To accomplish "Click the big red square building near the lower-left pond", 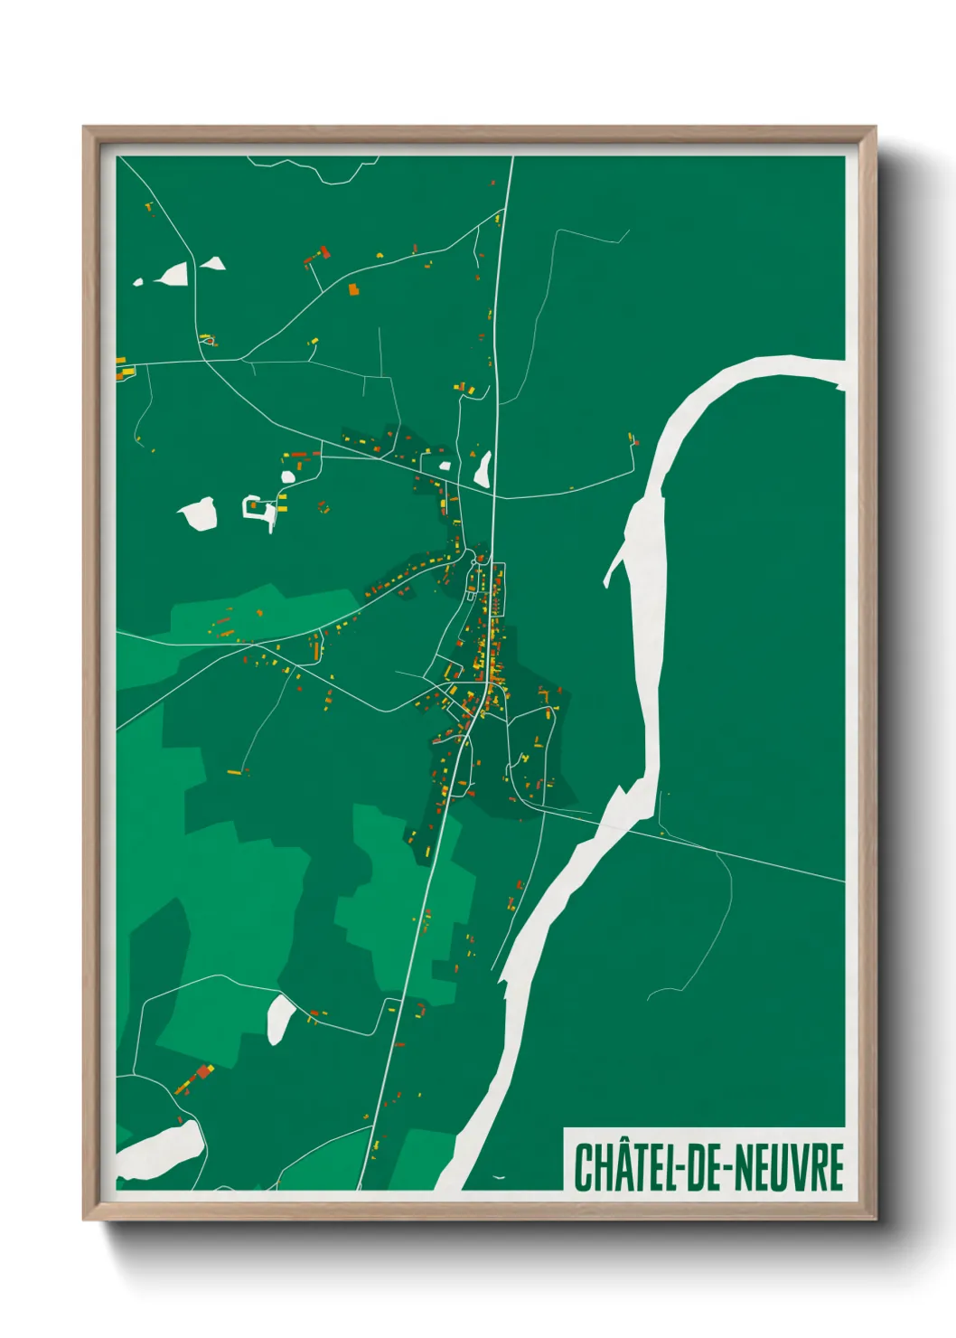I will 203,1072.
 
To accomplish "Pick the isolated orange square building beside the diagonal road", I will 353,289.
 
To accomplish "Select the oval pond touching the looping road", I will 280,1019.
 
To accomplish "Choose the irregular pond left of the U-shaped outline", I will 199,514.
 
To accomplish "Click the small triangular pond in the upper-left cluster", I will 212,264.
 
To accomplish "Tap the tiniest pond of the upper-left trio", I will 138,282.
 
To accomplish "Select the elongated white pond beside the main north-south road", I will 483,468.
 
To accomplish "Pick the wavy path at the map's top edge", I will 316,169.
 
